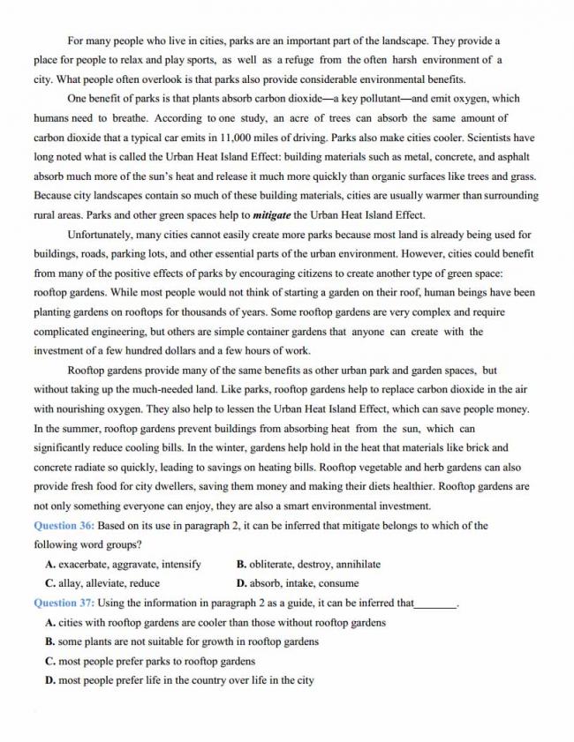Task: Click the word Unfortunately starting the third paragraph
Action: coord(103,235)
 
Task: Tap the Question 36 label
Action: coord(63,526)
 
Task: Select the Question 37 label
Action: coord(63,603)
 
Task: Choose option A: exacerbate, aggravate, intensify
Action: coord(123,565)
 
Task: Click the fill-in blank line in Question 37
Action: coord(436,605)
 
